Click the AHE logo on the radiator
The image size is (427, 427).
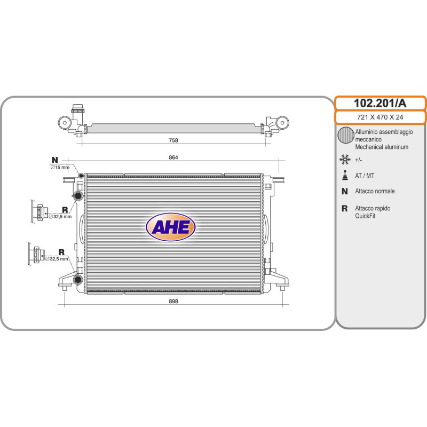coord(171,227)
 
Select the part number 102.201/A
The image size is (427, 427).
coord(380,103)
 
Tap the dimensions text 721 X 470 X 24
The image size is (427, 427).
coord(380,117)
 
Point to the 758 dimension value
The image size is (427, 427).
coord(173,140)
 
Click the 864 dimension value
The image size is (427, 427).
coord(173,157)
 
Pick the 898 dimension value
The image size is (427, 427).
coord(173,301)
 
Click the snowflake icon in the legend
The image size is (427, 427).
coord(345,160)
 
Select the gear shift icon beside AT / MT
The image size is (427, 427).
coord(345,176)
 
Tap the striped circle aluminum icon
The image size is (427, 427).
coord(346,135)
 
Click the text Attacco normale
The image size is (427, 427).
coord(375,191)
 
